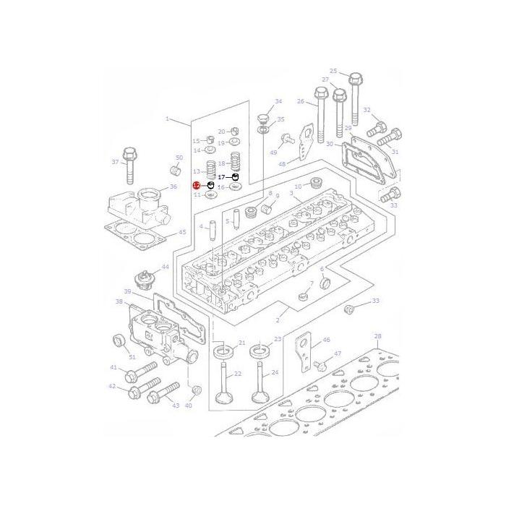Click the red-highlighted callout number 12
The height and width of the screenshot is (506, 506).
(197, 185)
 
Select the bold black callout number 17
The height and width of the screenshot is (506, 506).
(221, 177)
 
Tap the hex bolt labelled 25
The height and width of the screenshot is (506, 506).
(354, 99)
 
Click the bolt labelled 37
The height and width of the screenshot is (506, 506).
(129, 166)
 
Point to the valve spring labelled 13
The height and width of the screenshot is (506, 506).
(211, 170)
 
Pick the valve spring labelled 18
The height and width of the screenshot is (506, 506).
(236, 162)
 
